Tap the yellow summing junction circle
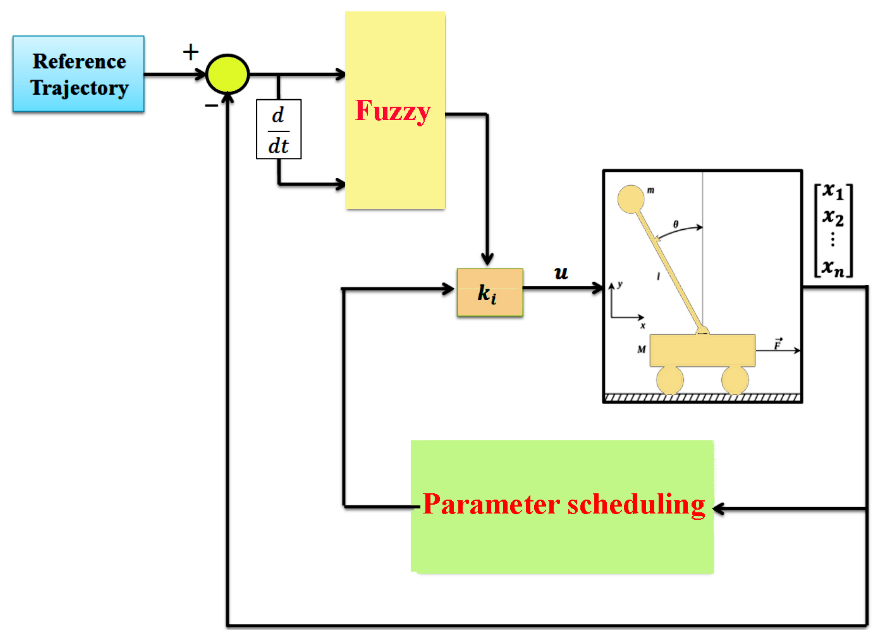pyautogui.click(x=227, y=74)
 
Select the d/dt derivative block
pyautogui.click(x=279, y=129)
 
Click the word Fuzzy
pyautogui.click(x=393, y=111)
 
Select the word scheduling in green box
pyautogui.click(x=637, y=505)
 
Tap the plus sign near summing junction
pyautogui.click(x=191, y=52)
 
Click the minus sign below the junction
pyautogui.click(x=211, y=106)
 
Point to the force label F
pyautogui.click(x=778, y=344)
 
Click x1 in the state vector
pyautogui.click(x=832, y=192)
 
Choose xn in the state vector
pyautogui.click(x=832, y=268)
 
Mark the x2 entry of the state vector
pyautogui.click(x=832, y=218)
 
